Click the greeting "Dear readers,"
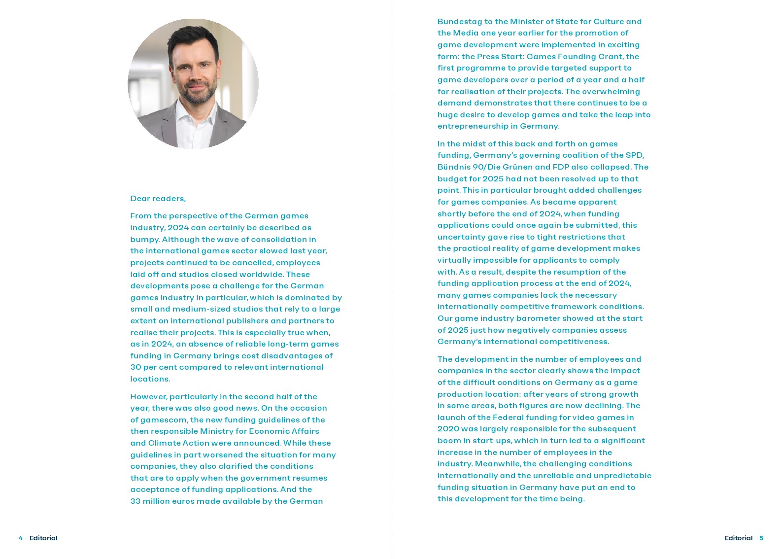[158, 199]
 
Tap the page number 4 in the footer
[21, 538]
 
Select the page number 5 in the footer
[761, 538]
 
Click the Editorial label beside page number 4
[43, 538]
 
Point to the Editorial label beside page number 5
[738, 538]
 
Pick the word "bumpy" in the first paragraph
[144, 240]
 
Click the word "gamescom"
[164, 420]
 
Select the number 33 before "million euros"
[135, 501]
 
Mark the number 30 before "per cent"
[136, 367]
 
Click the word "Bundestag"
[460, 22]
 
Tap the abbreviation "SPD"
[635, 155]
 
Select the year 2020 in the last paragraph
[448, 429]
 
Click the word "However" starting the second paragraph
[148, 397]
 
